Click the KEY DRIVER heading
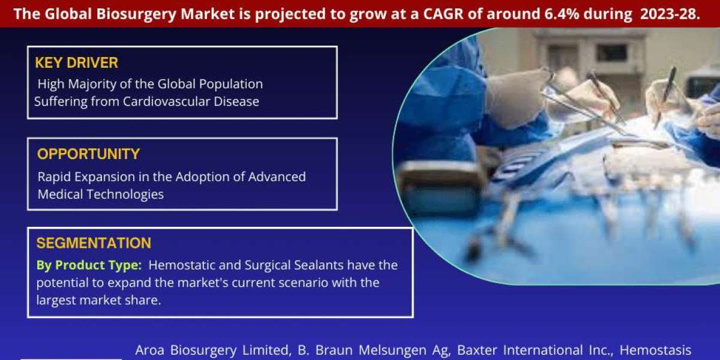(x=77, y=62)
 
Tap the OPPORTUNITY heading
(x=88, y=154)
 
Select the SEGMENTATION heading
(x=94, y=243)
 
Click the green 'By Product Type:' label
(x=89, y=265)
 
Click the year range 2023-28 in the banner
(x=670, y=14)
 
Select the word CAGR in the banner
(x=444, y=14)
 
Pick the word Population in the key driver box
(x=231, y=85)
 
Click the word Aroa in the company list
(x=150, y=350)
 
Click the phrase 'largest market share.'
(x=98, y=301)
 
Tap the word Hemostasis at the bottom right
(x=655, y=350)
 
